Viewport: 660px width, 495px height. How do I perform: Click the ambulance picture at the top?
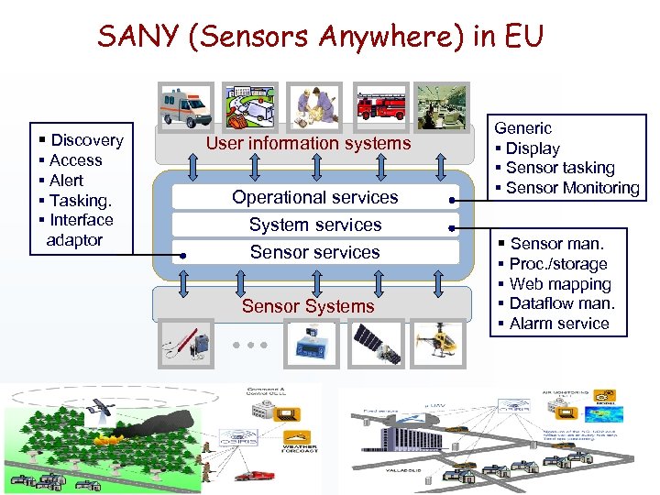[x=185, y=108]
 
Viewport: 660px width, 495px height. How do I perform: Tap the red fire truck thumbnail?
[x=378, y=107]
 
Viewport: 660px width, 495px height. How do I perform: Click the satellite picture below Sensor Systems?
[x=376, y=344]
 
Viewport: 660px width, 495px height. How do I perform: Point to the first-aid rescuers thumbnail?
[x=313, y=107]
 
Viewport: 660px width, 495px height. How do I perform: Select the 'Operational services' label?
[x=314, y=197]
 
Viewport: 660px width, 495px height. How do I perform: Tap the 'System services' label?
[x=314, y=225]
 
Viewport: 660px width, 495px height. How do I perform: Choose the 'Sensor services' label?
[x=314, y=252]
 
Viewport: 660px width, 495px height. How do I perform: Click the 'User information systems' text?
[x=308, y=143]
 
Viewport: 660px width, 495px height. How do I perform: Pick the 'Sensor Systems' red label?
[x=308, y=306]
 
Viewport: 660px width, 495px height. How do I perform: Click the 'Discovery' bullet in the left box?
[x=86, y=140]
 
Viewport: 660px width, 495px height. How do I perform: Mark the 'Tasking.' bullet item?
[x=80, y=200]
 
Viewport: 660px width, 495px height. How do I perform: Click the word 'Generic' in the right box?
[x=523, y=128]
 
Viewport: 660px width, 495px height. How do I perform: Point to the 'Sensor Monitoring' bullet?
[x=572, y=188]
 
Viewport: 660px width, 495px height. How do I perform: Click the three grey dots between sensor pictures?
[x=248, y=346]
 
